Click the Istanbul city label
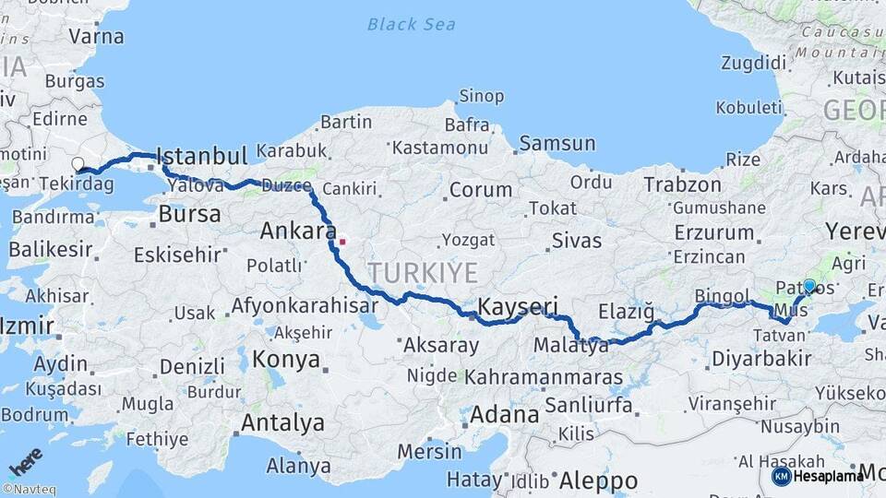(x=202, y=155)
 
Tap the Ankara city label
(x=297, y=231)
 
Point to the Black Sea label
(x=412, y=24)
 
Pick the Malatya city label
(x=571, y=348)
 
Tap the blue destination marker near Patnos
(x=809, y=286)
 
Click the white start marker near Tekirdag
(x=78, y=165)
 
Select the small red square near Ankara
(x=342, y=243)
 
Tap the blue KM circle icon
(x=781, y=476)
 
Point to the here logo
(x=25, y=462)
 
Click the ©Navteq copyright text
(x=29, y=490)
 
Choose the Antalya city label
(x=282, y=423)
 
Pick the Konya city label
(x=286, y=359)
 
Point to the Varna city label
(x=96, y=38)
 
